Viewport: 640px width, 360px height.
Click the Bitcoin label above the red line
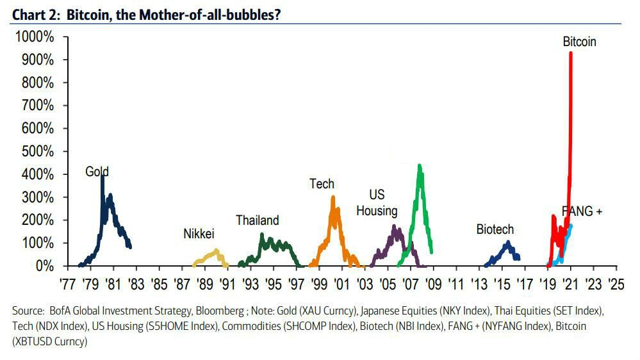579,42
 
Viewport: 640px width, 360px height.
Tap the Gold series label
97,172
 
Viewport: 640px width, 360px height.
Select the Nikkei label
199,234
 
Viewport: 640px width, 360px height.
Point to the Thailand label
257,220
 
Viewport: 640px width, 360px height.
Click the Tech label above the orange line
322,184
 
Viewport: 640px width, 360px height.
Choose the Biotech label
495,229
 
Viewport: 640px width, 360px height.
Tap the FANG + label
582,211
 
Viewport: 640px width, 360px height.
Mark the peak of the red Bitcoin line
570,53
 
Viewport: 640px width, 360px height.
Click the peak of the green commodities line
419,165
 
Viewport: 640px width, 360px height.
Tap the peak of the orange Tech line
333,197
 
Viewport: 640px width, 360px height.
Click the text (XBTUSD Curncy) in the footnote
49,341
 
